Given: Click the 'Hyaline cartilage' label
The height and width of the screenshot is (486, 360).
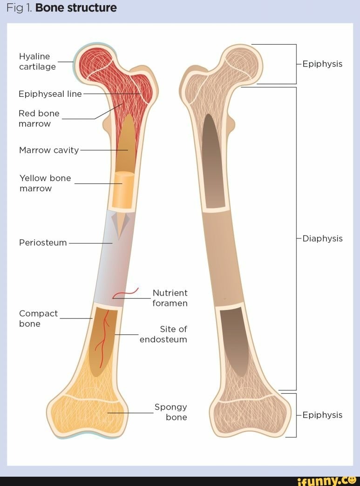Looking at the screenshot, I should coord(37,61).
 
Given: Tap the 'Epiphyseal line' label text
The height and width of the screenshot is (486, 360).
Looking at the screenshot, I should coord(50,94).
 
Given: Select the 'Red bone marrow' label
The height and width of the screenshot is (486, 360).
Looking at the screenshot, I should coord(39,118).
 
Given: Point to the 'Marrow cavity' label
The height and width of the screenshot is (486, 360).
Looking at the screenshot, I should coord(49,150).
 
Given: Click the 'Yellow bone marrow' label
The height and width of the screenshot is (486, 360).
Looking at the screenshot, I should coord(45,183).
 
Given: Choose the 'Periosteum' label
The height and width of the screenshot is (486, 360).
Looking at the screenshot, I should coord(43,243).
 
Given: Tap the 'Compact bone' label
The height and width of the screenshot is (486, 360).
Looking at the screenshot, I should coord(38,318).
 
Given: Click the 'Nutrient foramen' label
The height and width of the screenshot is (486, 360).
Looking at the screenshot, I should coord(170,298).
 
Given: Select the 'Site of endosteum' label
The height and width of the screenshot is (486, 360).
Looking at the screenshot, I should coord(163,334).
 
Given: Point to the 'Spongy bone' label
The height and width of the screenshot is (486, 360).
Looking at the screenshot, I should coord(171,412).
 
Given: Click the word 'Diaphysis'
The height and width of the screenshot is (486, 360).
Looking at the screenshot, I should coord(322,238).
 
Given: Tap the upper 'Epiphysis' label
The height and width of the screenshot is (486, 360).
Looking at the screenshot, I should coord(322,64).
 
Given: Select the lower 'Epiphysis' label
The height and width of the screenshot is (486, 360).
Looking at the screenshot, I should coord(322,415).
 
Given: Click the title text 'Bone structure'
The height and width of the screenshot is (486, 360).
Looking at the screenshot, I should coord(76,8).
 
